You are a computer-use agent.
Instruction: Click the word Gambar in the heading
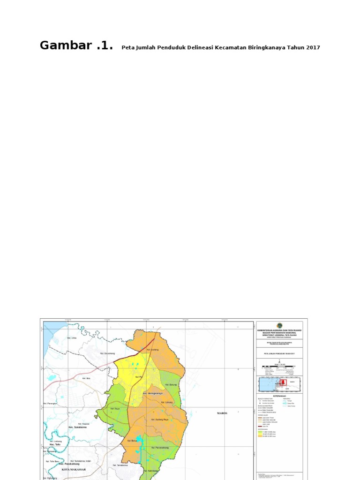pyautogui.click(x=63, y=45)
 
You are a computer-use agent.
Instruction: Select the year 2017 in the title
pyautogui.click(x=313, y=48)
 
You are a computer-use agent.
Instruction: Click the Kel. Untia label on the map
pyautogui.click(x=71, y=337)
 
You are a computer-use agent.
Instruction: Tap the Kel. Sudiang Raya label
pyautogui.click(x=159, y=420)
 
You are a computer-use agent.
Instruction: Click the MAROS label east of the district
pyautogui.click(x=222, y=413)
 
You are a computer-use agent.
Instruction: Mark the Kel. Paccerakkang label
pyautogui.click(x=159, y=447)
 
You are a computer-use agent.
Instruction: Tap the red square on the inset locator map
pyautogui.click(x=283, y=383)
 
